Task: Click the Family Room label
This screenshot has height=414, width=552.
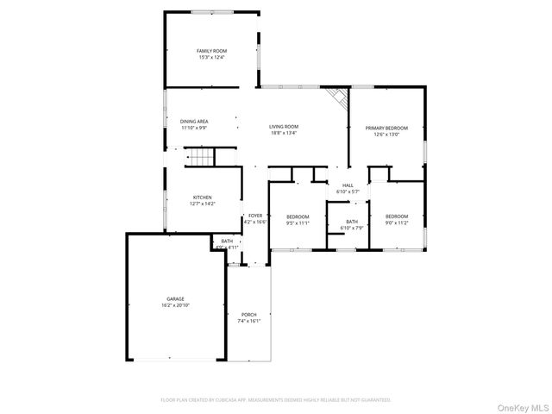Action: (211, 52)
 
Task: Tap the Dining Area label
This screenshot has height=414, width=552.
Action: (194, 122)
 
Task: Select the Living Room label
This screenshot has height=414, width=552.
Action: (284, 127)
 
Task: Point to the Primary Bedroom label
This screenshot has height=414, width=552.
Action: (386, 128)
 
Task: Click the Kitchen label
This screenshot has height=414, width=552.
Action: (202, 198)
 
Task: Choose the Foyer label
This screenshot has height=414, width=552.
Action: (255, 216)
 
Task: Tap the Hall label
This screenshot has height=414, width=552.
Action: (348, 185)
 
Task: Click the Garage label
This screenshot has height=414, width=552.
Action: (176, 299)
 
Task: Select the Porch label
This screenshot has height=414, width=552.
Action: (248, 315)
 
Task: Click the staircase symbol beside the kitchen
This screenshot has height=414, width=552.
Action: (200, 157)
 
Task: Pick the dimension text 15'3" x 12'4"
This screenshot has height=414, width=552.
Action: (211, 58)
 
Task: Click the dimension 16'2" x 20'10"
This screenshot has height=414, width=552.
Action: (176, 305)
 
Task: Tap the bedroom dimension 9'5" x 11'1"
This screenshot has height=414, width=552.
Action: (298, 223)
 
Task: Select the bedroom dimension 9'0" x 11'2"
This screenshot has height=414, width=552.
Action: (397, 223)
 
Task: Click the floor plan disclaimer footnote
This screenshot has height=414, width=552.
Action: (276, 400)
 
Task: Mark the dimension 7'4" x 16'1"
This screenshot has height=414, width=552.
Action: (248, 321)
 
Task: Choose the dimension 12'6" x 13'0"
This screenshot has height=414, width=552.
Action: (386, 134)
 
